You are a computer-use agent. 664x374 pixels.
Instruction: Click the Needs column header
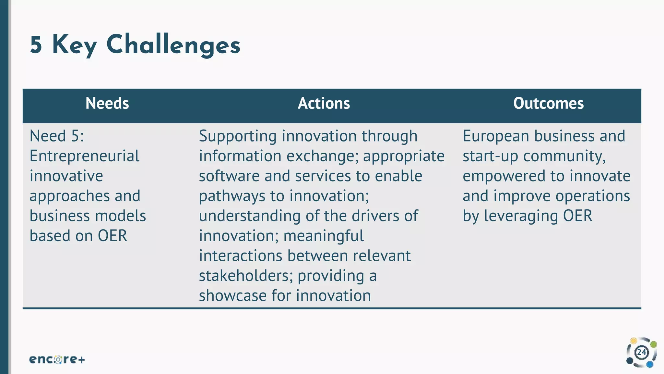coord(107,104)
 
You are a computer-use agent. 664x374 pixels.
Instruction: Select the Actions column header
coord(324,104)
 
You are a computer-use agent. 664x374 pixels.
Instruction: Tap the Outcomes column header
coord(548,104)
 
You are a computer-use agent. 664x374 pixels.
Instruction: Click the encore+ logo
coord(57,359)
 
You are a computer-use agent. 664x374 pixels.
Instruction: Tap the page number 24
coord(642,353)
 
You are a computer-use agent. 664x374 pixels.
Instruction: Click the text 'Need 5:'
coord(57,136)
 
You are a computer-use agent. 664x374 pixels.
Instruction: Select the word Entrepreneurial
coord(84,156)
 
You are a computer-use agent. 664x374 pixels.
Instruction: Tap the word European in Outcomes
coord(496,136)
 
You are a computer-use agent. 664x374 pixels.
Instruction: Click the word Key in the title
coord(74,45)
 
